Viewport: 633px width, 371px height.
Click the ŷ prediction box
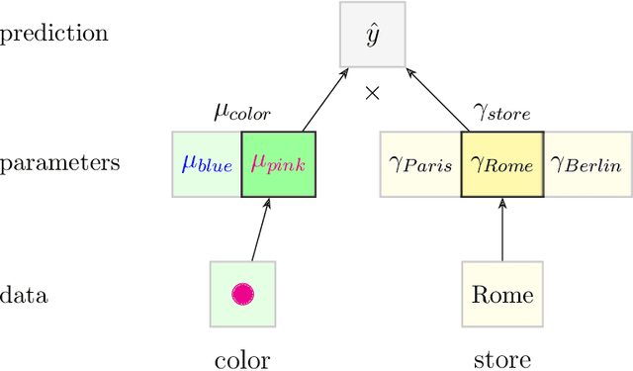pos(373,35)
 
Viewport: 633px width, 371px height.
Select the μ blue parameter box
pos(207,164)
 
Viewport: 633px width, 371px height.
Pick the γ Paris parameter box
pos(420,164)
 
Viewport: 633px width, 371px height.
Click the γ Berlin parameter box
pos(586,164)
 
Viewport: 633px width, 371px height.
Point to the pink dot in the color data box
pos(242,294)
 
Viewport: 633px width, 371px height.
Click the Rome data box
pos(502,295)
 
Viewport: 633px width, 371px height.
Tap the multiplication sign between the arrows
pos(373,94)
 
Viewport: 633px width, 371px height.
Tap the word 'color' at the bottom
pos(242,359)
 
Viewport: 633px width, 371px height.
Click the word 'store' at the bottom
pos(502,359)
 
